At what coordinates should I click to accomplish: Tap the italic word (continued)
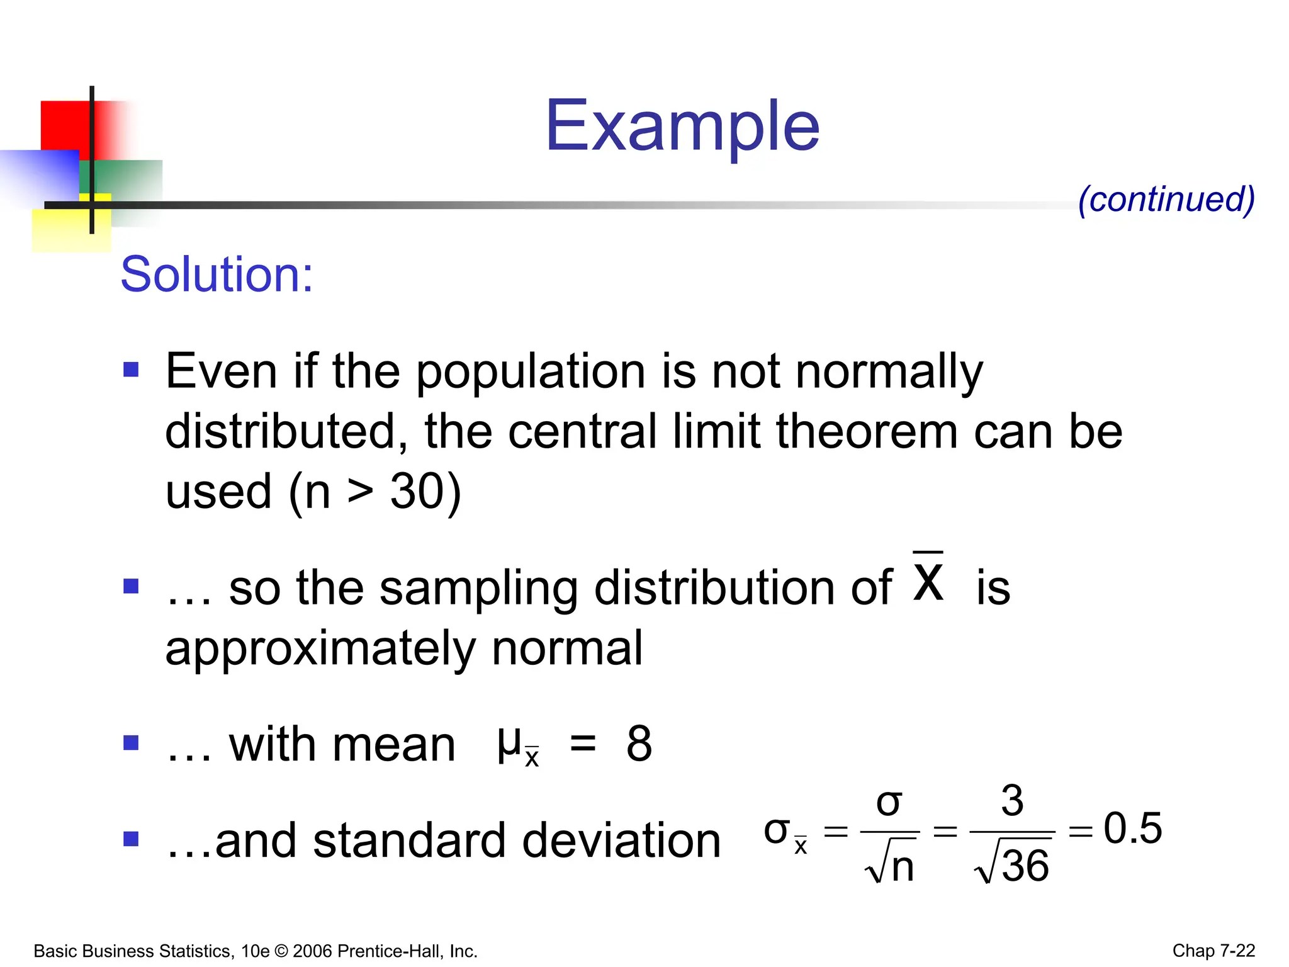click(1166, 200)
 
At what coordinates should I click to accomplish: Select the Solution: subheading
click(217, 274)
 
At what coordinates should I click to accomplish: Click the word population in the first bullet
click(531, 372)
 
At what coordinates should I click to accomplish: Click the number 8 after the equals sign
click(639, 744)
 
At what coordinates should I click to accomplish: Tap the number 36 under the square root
click(1025, 866)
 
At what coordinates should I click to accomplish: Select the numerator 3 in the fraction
click(1012, 801)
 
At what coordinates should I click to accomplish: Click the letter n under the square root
click(903, 867)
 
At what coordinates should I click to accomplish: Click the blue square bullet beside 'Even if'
click(131, 369)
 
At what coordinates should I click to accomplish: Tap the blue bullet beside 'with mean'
click(131, 743)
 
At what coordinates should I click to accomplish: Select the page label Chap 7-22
click(1213, 951)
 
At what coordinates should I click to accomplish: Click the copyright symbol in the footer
click(281, 951)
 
